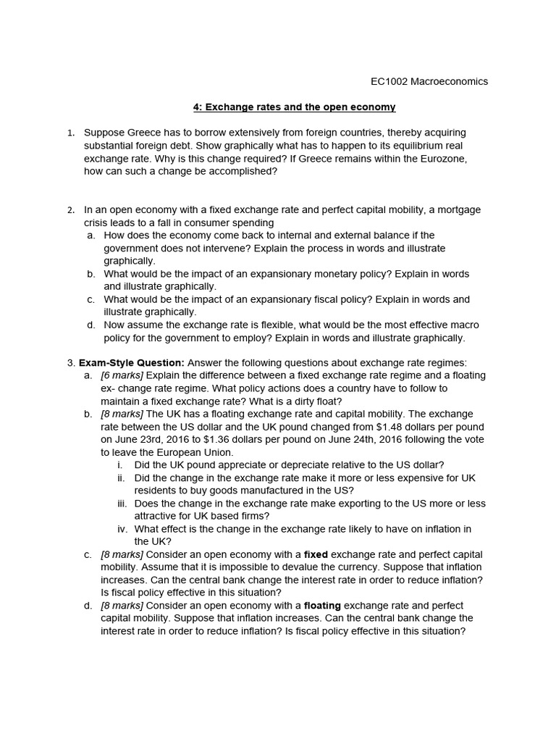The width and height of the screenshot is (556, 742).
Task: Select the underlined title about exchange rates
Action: (294, 107)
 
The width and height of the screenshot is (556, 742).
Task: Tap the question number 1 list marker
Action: (70, 133)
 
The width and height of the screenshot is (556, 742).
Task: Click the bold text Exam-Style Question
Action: (132, 363)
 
